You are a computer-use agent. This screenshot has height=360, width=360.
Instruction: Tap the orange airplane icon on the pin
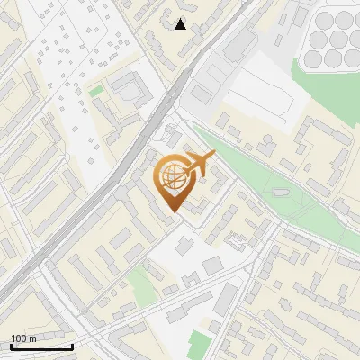[199, 164]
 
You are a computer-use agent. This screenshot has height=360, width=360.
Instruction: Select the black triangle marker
[181, 24]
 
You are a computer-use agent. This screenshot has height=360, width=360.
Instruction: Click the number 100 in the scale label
[19, 338]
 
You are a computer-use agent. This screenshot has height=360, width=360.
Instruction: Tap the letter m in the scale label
[33, 338]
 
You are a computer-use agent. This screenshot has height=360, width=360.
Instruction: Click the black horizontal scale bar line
[41, 346]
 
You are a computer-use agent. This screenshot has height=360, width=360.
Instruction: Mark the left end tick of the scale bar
[11, 345]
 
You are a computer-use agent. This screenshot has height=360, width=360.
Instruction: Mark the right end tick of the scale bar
[72, 345]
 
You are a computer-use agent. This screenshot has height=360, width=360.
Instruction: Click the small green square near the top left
[96, 91]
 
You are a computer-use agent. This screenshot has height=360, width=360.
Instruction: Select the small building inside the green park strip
[280, 192]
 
